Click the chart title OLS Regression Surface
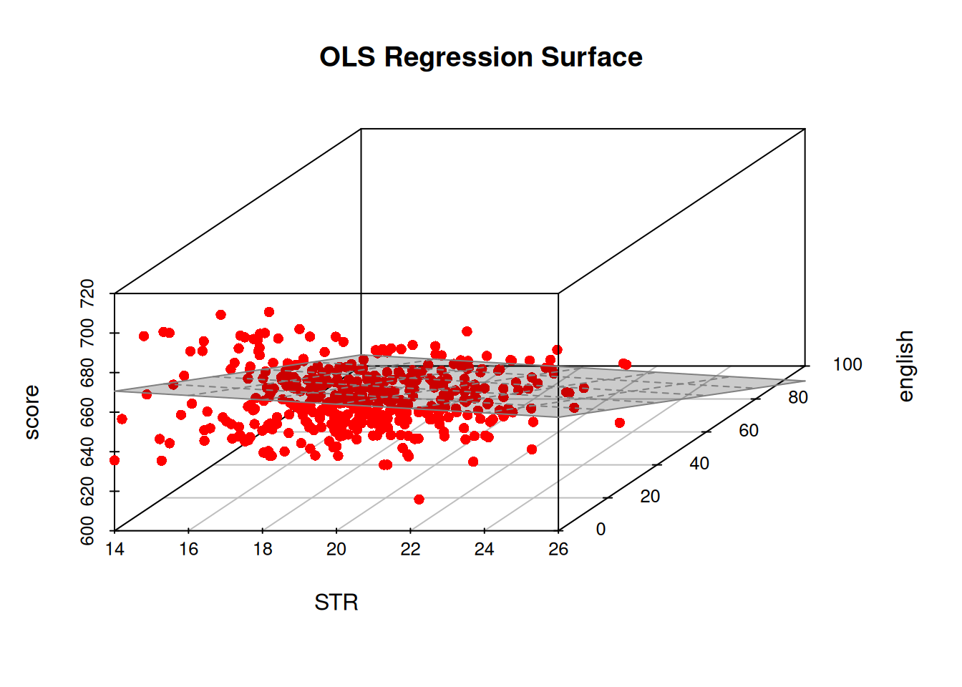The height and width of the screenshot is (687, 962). click(480, 57)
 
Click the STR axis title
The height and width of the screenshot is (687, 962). click(336, 603)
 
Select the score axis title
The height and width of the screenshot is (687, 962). click(31, 411)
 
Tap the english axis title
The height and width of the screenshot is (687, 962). click(905, 366)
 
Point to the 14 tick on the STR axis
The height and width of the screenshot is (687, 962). click(115, 549)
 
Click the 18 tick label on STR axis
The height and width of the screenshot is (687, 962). click(262, 549)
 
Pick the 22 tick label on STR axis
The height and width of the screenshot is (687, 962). click(410, 549)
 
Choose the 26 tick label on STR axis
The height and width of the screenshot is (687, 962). click(558, 549)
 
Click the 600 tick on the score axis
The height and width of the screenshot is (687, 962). click(87, 530)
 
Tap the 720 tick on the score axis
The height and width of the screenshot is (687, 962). click(87, 293)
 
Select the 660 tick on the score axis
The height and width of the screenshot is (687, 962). click(87, 412)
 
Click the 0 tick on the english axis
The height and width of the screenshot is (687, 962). click(601, 529)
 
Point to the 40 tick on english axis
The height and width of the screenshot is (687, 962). click(699, 463)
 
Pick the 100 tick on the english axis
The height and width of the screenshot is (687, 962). click(847, 364)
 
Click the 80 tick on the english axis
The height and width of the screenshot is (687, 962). click(798, 397)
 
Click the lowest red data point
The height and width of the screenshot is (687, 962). click(419, 500)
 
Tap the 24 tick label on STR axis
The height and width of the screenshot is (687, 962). click(485, 549)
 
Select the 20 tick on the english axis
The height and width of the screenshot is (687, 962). click(650, 496)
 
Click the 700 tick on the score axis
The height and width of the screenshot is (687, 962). click(87, 333)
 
